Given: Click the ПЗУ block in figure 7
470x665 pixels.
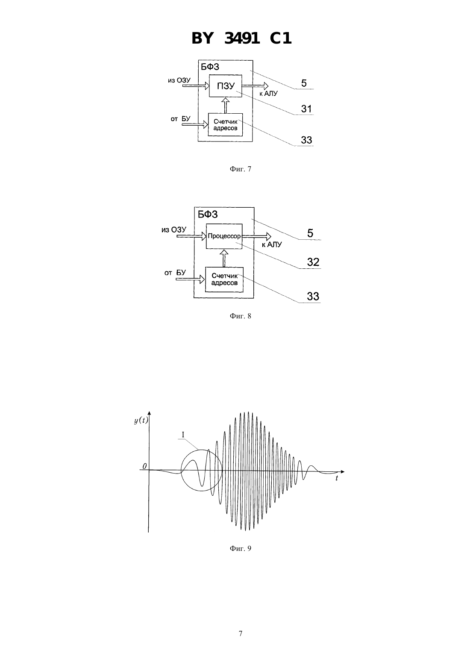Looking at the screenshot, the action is pyautogui.click(x=226, y=86).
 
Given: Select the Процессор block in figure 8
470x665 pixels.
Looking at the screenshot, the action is pyautogui.click(x=224, y=236).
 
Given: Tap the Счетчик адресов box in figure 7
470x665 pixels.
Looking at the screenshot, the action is pyautogui.click(x=225, y=125).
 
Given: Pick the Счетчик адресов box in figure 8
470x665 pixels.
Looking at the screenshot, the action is pyautogui.click(x=224, y=280).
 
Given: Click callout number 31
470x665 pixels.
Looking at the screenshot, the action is pyautogui.click(x=306, y=109).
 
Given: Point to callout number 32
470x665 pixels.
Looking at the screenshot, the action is pyautogui.click(x=313, y=262).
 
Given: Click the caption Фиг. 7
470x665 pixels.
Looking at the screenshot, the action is pyautogui.click(x=240, y=169).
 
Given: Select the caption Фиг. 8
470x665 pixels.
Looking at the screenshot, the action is pyautogui.click(x=240, y=316).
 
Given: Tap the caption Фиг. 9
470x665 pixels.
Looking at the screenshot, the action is pyautogui.click(x=240, y=548).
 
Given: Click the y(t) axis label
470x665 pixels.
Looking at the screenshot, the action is pyautogui.click(x=141, y=421).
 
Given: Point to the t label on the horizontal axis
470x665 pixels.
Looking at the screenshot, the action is pyautogui.click(x=337, y=478).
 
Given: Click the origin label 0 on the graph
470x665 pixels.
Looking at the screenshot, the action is pyautogui.click(x=144, y=466).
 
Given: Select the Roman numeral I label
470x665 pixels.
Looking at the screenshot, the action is pyautogui.click(x=183, y=435).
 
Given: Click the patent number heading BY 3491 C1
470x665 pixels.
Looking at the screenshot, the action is pyautogui.click(x=241, y=38).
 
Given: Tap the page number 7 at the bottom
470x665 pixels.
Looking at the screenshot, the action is pyautogui.click(x=240, y=633).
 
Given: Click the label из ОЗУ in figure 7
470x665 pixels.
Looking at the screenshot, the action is pyautogui.click(x=179, y=80).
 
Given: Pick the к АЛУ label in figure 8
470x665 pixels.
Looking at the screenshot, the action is pyautogui.click(x=272, y=244).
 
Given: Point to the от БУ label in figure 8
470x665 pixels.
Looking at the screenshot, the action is pyautogui.click(x=175, y=273).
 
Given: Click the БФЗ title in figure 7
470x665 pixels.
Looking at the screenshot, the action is pyautogui.click(x=210, y=67).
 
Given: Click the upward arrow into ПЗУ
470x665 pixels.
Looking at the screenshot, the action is pyautogui.click(x=226, y=105).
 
